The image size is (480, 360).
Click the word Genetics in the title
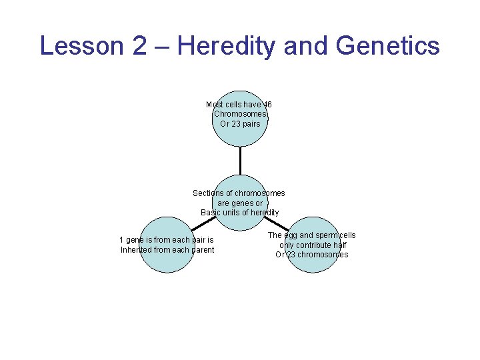(x=388, y=46)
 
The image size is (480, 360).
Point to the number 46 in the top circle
(x=267, y=105)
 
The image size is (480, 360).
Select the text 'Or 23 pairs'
(x=240, y=124)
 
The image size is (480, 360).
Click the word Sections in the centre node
(x=207, y=193)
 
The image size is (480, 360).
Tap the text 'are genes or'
(x=240, y=203)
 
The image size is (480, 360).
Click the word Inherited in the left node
(x=136, y=250)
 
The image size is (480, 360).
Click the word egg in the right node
(x=291, y=235)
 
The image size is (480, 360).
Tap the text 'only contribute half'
(x=313, y=245)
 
